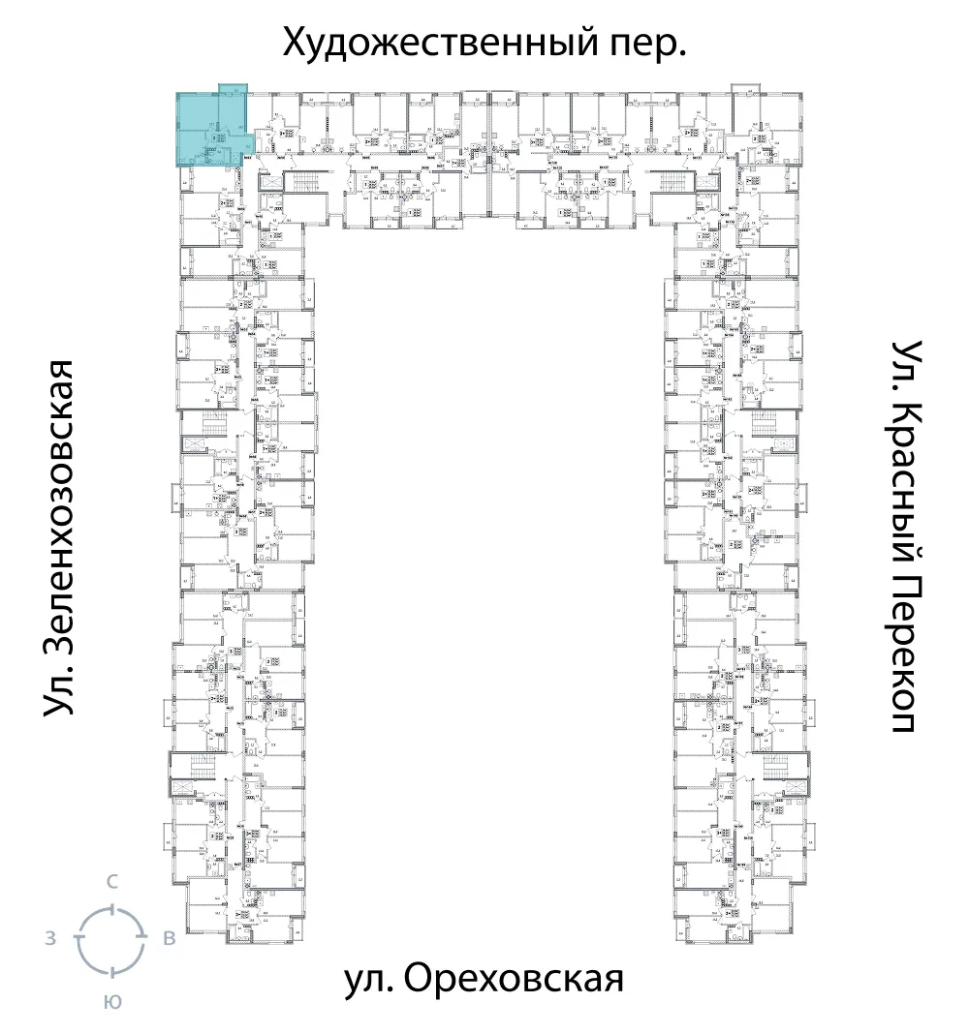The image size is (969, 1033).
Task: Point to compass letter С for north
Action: click(112, 881)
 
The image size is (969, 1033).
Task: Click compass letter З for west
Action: click(49, 937)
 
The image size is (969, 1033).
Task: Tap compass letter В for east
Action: click(169, 937)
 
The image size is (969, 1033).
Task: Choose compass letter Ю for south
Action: click(112, 1002)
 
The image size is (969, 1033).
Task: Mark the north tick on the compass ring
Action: click(112, 907)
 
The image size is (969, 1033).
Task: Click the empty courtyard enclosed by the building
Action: click(490, 581)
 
